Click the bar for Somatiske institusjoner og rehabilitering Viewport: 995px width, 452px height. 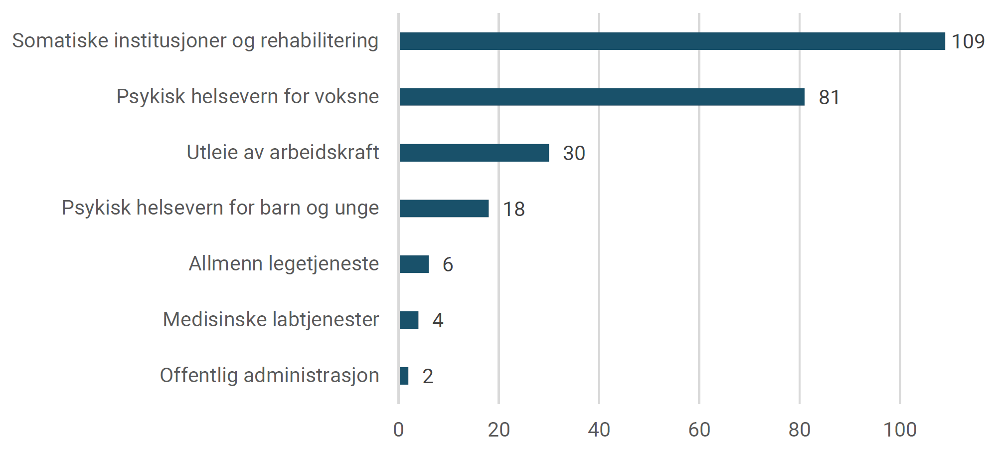pos(671,41)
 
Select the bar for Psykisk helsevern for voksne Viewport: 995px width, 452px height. pos(602,97)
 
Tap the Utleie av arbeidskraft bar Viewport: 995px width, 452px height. pos(474,153)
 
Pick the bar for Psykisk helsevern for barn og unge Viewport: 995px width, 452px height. pos(444,209)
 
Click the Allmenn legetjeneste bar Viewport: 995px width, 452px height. pos(414,264)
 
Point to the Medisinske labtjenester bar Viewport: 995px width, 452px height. pos(409,320)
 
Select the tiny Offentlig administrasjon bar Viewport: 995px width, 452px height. pos(404,376)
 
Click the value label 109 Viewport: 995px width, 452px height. pos(968,41)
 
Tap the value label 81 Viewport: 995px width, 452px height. pos(829,97)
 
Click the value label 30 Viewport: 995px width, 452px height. pos(574,153)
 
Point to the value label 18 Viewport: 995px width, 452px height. pos(513,209)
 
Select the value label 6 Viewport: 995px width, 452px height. pos(448,265)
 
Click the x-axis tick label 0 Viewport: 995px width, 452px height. pos(398,430)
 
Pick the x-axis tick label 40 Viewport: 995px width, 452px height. pos(599,430)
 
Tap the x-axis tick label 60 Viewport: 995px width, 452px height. pos(699,430)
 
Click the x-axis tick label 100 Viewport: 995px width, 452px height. pos(900,430)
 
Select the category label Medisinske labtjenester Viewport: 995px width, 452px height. pos(271,320)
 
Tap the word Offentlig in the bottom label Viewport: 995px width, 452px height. pos(198,376)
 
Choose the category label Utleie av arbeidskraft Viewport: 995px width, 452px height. pos(283,153)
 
